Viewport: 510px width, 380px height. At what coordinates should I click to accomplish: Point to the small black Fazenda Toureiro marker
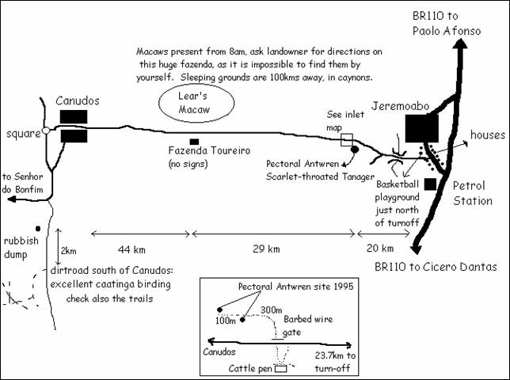coord(194,142)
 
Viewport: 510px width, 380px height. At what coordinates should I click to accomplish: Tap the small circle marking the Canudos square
coord(47,131)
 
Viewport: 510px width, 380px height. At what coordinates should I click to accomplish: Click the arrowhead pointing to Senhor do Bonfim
coord(7,200)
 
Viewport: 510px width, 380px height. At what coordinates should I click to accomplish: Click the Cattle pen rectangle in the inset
coord(280,367)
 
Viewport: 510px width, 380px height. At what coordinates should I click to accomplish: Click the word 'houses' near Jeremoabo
coord(487,135)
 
